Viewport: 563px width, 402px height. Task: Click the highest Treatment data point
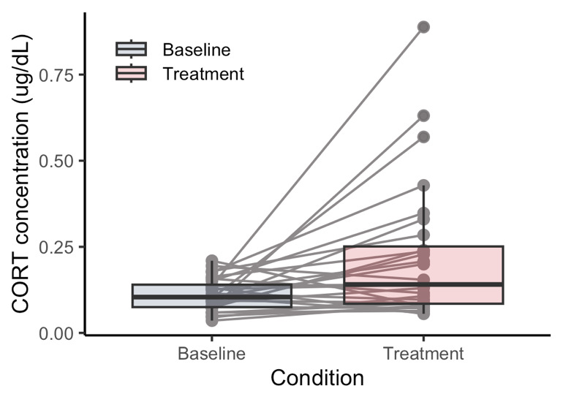coord(423,27)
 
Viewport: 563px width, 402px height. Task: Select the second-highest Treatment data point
coord(423,115)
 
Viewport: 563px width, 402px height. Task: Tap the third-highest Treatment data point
coord(423,137)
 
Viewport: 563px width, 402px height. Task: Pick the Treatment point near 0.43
coord(423,186)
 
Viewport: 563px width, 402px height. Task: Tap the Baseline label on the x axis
coord(212,354)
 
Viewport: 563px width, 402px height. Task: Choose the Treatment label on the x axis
coord(423,354)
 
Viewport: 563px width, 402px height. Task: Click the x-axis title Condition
coord(317,379)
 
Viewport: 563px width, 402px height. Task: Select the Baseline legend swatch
coord(132,50)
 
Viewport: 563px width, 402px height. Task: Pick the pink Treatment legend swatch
coord(132,73)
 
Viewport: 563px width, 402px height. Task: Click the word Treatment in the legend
coord(203,73)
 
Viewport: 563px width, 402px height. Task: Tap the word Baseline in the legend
coord(197,50)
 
